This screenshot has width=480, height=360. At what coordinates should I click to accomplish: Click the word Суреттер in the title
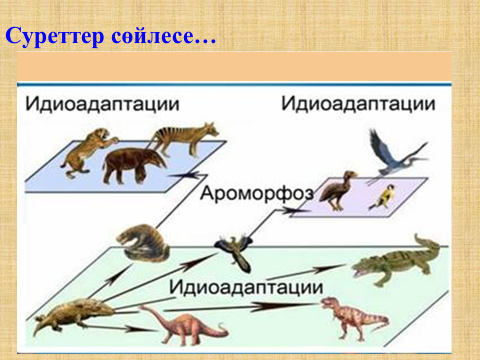(55, 36)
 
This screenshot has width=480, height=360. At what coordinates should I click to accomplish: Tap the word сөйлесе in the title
(152, 35)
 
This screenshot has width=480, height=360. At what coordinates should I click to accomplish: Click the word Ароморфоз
(257, 194)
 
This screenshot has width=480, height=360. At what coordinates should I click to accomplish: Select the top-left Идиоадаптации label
(102, 104)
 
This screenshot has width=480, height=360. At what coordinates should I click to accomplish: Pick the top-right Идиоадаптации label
(358, 104)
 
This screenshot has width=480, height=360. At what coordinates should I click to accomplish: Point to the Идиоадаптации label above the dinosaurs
(246, 287)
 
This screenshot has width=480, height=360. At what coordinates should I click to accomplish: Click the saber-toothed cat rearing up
(87, 152)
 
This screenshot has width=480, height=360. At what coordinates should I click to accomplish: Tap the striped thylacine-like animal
(184, 138)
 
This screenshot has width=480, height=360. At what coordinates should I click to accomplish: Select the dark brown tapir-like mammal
(133, 166)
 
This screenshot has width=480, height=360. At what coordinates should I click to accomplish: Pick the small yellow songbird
(383, 197)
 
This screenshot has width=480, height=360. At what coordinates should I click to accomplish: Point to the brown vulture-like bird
(338, 190)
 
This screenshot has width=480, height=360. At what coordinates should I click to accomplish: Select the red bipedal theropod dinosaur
(353, 318)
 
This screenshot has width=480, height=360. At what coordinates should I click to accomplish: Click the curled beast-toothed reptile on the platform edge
(143, 243)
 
